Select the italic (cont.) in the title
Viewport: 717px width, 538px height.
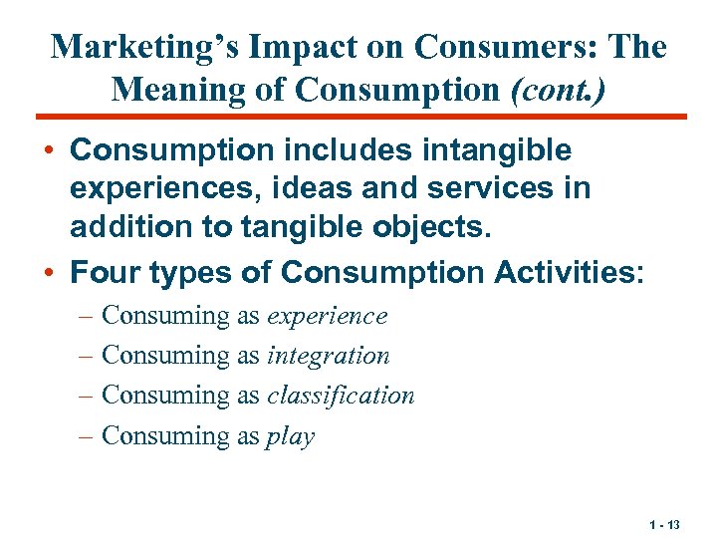[x=559, y=89]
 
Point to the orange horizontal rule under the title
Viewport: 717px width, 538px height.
[x=358, y=117]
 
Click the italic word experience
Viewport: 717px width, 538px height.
[x=327, y=316]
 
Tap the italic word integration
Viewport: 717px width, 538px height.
[x=329, y=356]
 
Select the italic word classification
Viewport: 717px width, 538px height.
[x=341, y=396]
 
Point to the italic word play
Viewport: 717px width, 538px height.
[x=290, y=436]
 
